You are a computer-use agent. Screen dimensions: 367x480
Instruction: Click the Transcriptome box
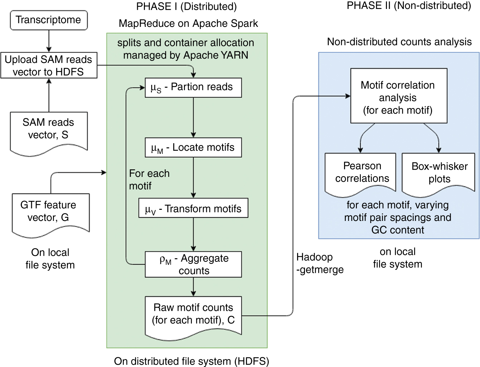point(49,20)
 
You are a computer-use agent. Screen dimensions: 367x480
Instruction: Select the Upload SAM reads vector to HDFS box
point(49,66)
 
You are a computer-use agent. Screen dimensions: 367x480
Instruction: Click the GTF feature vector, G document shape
point(50,213)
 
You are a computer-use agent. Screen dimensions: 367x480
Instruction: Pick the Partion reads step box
point(193,87)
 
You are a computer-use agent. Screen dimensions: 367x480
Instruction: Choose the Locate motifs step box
point(193,148)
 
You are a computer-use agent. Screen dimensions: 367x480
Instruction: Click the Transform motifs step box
point(193,208)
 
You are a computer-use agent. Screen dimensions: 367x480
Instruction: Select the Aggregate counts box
point(193,264)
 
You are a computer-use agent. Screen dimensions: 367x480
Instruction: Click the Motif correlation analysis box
point(398,96)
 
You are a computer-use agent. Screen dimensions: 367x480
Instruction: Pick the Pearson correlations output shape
point(360,173)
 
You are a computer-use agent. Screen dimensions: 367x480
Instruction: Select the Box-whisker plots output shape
point(438,173)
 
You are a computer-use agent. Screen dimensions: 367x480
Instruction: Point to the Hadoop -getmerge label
point(320,263)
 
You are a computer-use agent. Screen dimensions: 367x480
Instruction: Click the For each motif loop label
point(149,180)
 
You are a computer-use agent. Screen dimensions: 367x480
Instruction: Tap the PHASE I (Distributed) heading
point(186,6)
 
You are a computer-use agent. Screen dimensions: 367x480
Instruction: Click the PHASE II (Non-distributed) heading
point(409,6)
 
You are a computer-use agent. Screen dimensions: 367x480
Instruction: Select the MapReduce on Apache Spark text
point(188,24)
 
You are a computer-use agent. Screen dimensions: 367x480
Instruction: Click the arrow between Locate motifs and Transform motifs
point(193,178)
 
